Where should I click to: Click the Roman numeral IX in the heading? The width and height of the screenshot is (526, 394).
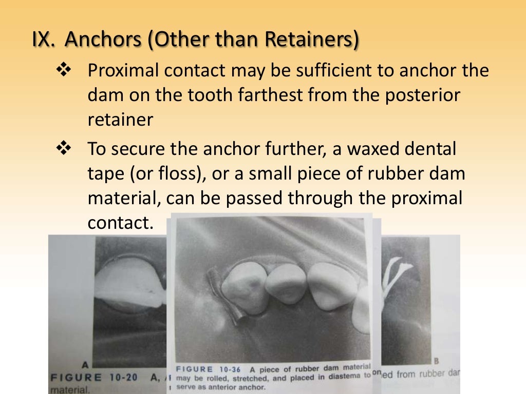click(x=43, y=40)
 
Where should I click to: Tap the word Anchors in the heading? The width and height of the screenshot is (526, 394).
click(x=105, y=40)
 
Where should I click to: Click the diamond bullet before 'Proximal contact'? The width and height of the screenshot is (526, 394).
click(x=63, y=70)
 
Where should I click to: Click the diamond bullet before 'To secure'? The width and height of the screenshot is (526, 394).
click(x=63, y=150)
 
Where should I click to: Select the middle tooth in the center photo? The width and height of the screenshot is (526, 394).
click(x=286, y=283)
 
